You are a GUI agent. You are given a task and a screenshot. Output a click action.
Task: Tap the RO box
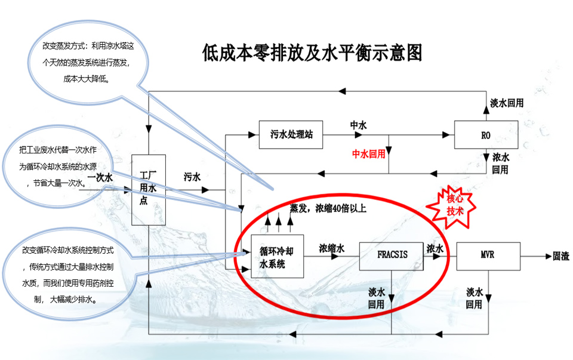tap(486, 135)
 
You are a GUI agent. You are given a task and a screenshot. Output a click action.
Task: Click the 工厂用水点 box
tap(147, 189)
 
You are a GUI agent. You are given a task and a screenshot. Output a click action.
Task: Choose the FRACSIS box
tap(392, 255)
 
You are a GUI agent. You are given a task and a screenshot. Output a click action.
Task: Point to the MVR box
tap(488, 256)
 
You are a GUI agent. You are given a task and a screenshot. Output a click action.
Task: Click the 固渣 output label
tap(560, 256)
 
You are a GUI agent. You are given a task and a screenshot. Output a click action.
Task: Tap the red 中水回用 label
tap(368, 153)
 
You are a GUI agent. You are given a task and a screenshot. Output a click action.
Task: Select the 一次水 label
tap(100, 177)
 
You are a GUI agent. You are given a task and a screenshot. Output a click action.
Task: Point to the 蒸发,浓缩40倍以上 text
tap(328, 208)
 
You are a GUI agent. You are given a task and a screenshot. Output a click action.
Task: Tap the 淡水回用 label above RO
tap(507, 103)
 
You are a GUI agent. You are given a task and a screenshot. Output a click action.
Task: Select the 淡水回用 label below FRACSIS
tap(376, 298)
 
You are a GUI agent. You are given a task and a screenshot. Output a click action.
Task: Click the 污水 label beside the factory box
tap(192, 177)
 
